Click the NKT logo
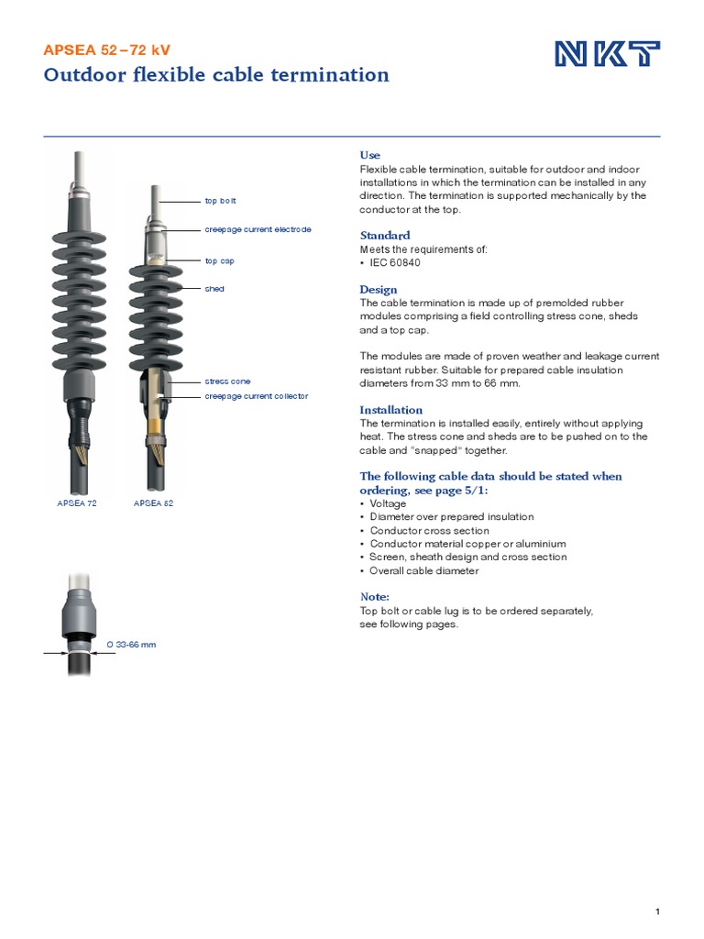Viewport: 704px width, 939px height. point(607,55)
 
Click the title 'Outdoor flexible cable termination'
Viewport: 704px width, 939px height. point(216,75)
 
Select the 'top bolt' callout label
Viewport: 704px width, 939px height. point(220,200)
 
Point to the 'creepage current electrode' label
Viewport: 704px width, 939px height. point(258,228)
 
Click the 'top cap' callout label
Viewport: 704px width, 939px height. point(219,260)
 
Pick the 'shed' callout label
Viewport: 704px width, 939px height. point(214,289)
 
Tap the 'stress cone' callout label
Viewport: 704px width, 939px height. point(226,381)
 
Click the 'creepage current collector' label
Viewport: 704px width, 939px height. point(256,396)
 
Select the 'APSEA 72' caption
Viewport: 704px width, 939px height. point(77,503)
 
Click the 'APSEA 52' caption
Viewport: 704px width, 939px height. point(153,503)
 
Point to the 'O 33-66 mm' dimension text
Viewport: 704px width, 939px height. point(131,645)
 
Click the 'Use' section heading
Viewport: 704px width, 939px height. point(369,155)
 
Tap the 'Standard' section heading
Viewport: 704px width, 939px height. point(384,236)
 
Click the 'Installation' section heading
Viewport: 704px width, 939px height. point(390,410)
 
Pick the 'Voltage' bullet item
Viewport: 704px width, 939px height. point(388,503)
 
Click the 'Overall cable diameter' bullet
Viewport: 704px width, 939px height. point(424,570)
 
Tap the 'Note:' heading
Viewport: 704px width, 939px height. point(375,597)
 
